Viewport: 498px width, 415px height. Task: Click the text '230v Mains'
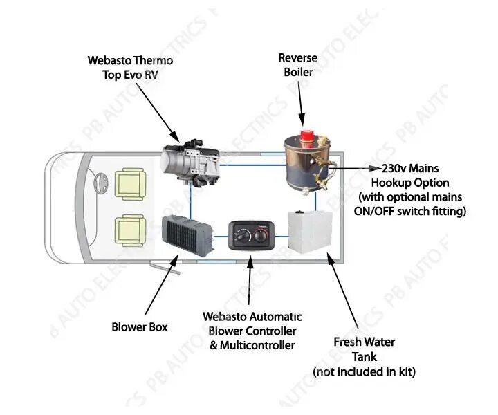[411, 168]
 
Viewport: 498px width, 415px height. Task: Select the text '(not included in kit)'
[364, 372]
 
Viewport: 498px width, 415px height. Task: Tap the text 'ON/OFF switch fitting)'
[409, 211]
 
